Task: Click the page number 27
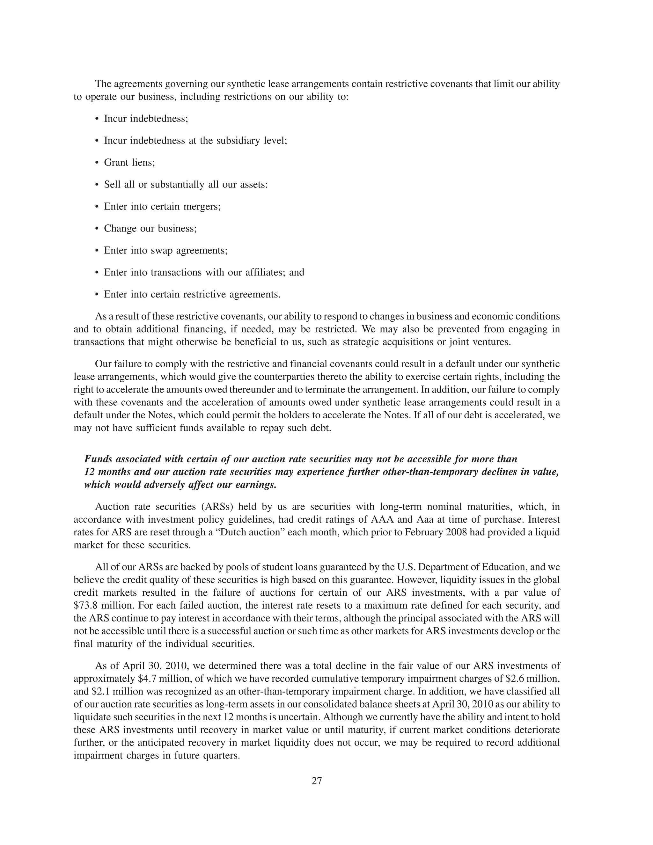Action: tap(316, 781)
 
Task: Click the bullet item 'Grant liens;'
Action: tap(129, 163)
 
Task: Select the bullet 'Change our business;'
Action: tap(150, 229)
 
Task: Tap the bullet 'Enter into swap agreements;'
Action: tap(165, 251)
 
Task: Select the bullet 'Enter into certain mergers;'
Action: tap(162, 207)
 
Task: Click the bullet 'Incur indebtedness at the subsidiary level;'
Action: tap(195, 140)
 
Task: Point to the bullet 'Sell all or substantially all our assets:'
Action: tap(186, 185)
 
